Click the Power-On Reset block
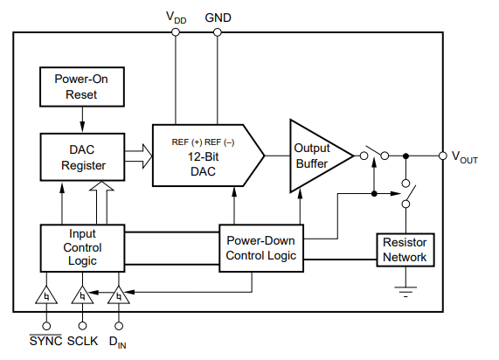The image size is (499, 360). (x=82, y=87)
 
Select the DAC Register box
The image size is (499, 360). (x=82, y=157)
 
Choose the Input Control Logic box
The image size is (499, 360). (x=82, y=248)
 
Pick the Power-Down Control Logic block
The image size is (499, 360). (x=261, y=248)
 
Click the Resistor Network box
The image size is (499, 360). (x=405, y=250)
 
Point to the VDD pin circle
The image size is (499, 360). (x=176, y=32)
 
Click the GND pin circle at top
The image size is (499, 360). (x=218, y=32)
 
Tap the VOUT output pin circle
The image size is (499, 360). (x=443, y=156)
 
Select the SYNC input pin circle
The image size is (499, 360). (x=46, y=326)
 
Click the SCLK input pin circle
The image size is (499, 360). (x=82, y=326)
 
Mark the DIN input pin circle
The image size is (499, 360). (x=119, y=326)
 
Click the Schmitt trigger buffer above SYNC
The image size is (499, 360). (x=46, y=296)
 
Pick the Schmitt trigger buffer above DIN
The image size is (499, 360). (x=119, y=296)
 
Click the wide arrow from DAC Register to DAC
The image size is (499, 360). (x=138, y=156)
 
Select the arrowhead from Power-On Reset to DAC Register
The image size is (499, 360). (x=82, y=127)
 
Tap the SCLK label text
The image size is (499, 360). (x=82, y=341)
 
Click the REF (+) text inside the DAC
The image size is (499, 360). (x=187, y=142)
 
